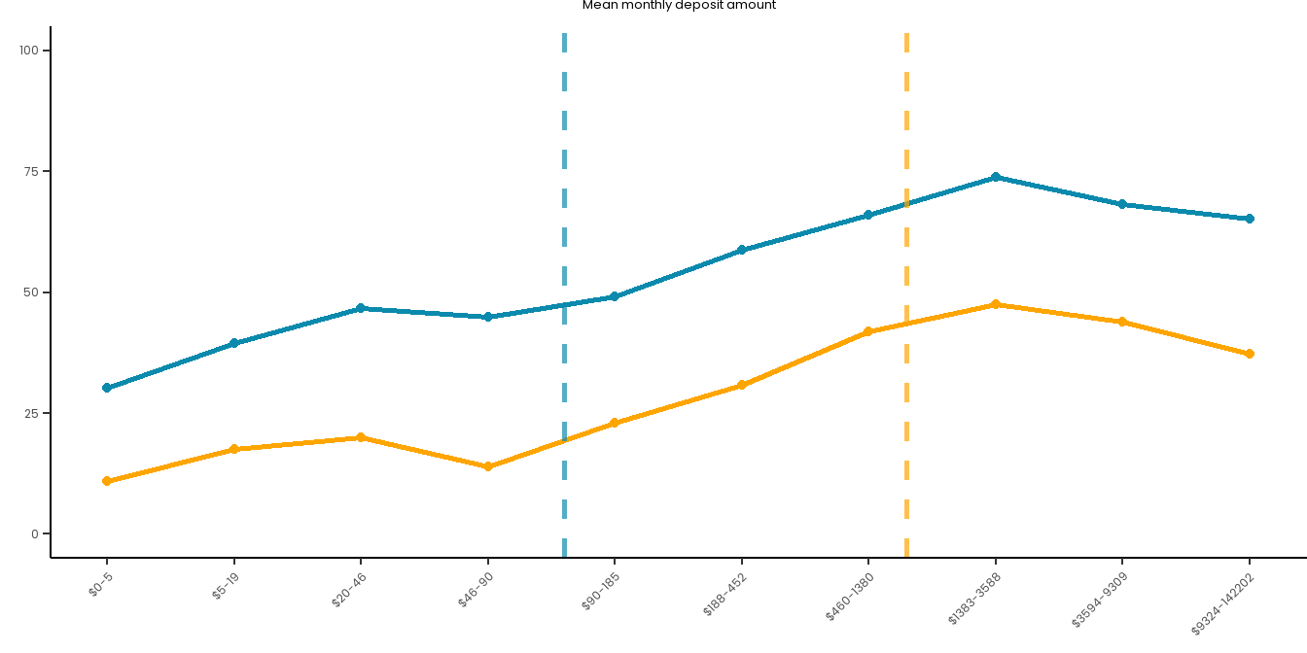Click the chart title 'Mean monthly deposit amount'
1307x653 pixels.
point(679,6)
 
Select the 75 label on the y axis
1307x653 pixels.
point(32,171)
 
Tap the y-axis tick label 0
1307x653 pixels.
point(35,533)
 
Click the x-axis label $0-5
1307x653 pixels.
point(101,584)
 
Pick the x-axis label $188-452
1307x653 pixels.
point(724,595)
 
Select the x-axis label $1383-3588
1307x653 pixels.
point(974,599)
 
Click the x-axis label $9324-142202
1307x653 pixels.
point(1223,603)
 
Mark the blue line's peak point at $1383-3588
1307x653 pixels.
point(995,177)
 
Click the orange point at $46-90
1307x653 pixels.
point(488,466)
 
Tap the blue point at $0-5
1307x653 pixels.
point(107,388)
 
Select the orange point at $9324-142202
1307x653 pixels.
point(1250,354)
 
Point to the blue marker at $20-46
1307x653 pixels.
point(361,308)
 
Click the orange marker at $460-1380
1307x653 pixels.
point(868,331)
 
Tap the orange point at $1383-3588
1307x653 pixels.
point(995,304)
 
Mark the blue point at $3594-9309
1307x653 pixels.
point(1122,204)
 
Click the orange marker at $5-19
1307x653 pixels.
point(234,449)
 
